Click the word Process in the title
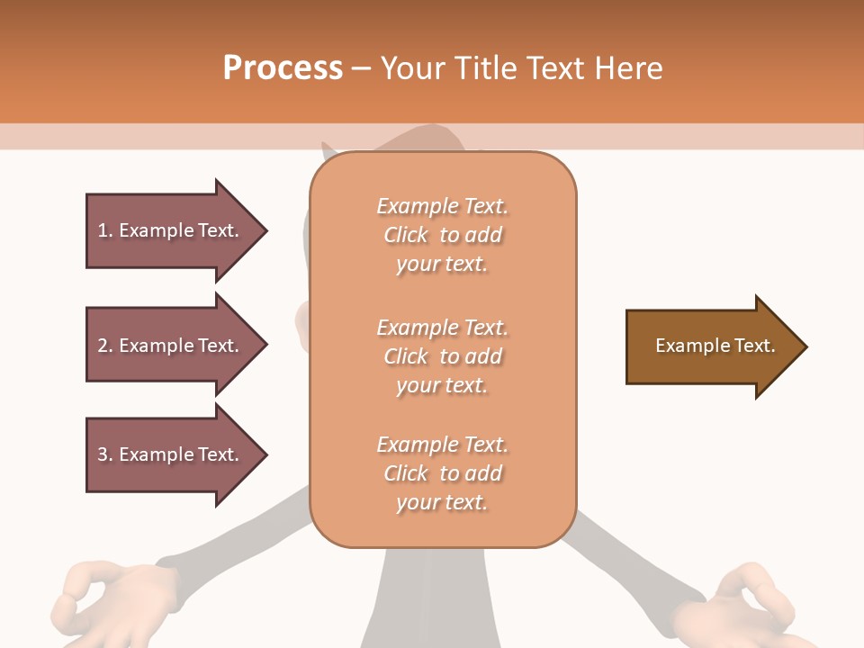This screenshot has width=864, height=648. pyautogui.click(x=283, y=67)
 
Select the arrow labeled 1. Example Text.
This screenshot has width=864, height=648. pyautogui.click(x=171, y=230)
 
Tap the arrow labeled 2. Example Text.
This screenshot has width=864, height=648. pyautogui.click(x=171, y=346)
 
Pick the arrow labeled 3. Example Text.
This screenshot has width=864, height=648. pyautogui.click(x=171, y=454)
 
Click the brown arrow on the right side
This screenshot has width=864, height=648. pyautogui.click(x=711, y=346)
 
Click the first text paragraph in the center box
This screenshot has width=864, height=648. pyautogui.click(x=442, y=235)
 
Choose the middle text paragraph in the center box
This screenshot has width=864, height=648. pyautogui.click(x=442, y=356)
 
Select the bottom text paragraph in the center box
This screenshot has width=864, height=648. pyautogui.click(x=442, y=473)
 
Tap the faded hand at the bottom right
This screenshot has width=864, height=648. pyautogui.click(x=742, y=603)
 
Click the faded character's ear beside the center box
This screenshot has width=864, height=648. pyautogui.click(x=302, y=328)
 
